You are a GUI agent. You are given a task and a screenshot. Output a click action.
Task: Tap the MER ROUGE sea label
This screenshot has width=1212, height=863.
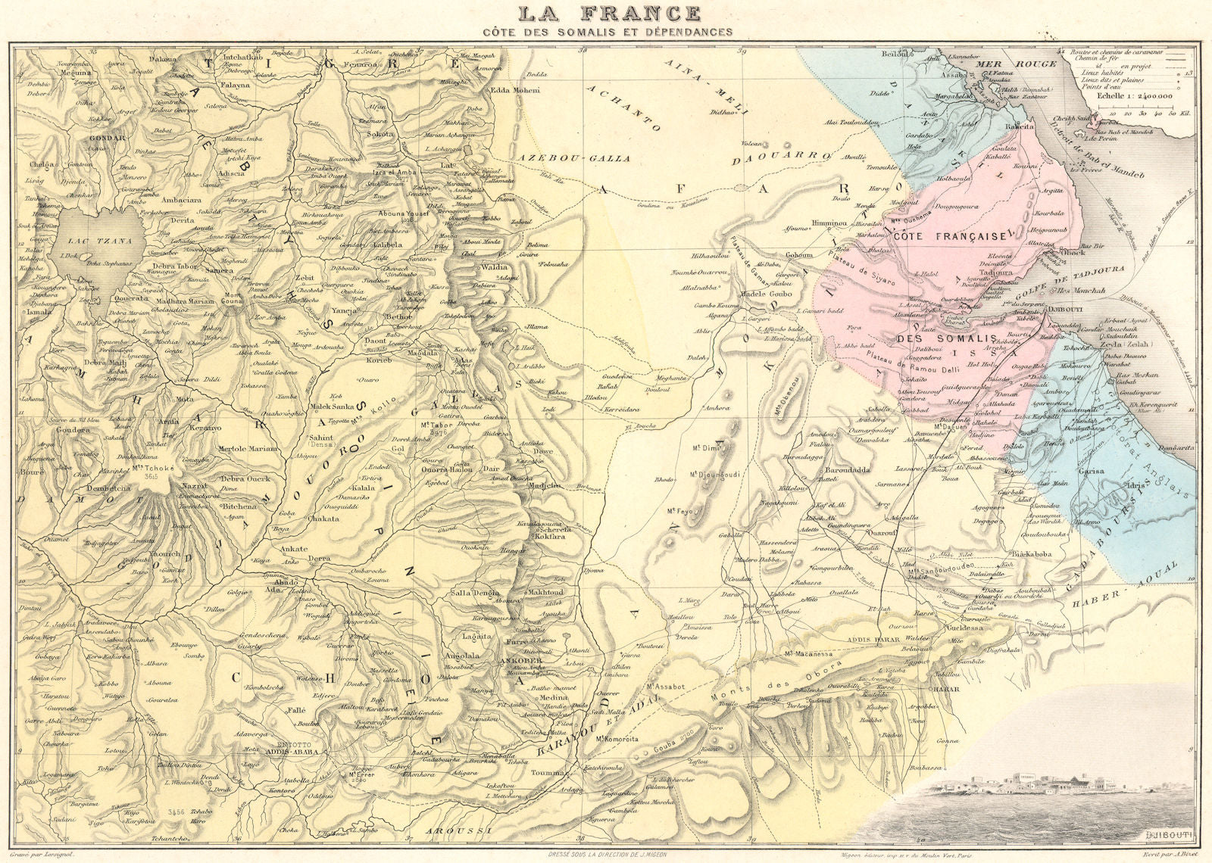[x=1004, y=64]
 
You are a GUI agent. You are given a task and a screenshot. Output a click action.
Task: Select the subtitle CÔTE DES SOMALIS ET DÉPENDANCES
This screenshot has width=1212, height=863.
[x=609, y=32]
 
